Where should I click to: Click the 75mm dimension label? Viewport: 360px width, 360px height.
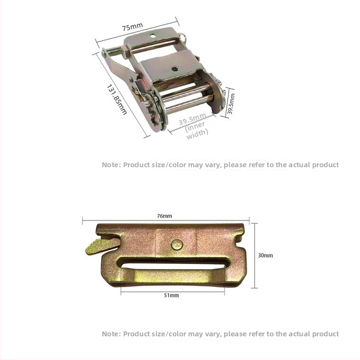pos(132,27)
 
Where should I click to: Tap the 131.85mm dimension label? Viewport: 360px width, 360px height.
pos(117,99)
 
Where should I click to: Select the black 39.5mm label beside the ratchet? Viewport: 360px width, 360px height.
pos(231,104)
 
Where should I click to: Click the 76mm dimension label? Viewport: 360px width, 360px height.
pos(164,216)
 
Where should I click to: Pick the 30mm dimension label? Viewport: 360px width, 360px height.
pos(265,255)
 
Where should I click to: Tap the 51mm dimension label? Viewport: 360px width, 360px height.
pos(171,295)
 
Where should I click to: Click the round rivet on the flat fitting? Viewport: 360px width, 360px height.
pos(177,244)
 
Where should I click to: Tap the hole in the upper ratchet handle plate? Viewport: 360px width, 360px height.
pos(153,36)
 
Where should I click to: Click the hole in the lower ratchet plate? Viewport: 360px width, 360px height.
pos(175,69)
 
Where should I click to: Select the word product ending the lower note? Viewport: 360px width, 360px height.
pos(325,334)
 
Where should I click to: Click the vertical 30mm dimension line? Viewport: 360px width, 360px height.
pos(254,255)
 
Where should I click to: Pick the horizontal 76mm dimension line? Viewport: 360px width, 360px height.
pos(166,220)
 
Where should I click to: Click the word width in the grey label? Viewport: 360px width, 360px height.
pos(198,134)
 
